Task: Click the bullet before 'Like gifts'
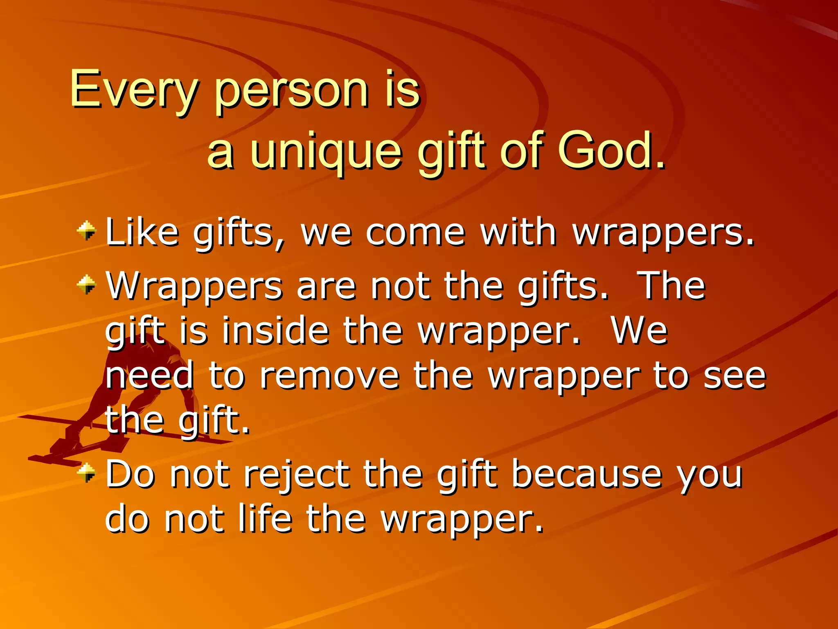[86, 231]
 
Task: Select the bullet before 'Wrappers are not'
[86, 285]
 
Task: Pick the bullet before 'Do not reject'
[86, 473]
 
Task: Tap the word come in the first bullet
[415, 233]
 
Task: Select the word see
[734, 376]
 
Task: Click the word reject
[296, 475]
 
